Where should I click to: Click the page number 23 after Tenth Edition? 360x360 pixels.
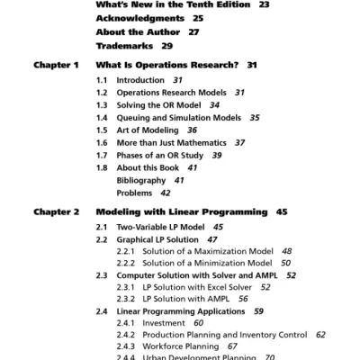point(264,4)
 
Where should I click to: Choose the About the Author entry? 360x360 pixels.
point(135,31)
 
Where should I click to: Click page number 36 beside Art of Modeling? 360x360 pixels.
point(192,130)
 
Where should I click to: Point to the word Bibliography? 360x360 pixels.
point(141,181)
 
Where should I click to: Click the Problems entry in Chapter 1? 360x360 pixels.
point(134,193)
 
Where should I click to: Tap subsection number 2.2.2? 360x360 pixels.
point(126,263)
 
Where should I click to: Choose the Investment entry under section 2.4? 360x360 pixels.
point(165,323)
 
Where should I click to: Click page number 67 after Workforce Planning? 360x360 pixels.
point(232,346)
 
